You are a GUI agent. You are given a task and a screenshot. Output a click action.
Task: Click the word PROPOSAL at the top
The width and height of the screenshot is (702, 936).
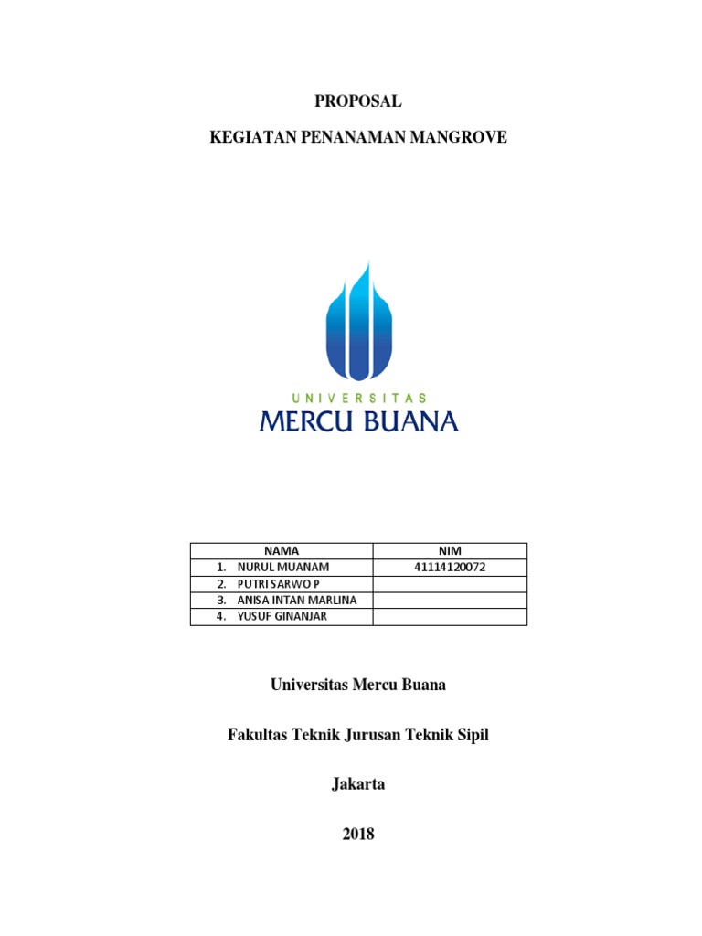point(358,102)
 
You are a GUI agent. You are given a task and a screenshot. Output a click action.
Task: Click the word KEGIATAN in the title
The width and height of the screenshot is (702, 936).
point(248,138)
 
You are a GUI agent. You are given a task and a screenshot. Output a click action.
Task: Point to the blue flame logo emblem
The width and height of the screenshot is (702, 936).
point(358,320)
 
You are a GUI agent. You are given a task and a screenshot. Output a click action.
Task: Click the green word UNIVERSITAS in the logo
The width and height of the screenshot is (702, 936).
point(359,399)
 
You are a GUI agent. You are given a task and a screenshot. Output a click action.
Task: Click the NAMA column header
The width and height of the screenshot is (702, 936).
point(282,550)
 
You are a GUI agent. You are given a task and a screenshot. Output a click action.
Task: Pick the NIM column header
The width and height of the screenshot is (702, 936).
point(449,550)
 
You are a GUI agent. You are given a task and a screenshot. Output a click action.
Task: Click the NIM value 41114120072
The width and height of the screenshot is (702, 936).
point(449,567)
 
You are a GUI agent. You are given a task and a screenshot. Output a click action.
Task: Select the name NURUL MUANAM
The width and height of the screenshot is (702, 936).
point(282,567)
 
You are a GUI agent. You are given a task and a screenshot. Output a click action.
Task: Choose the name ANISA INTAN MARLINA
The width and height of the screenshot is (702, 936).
point(297,600)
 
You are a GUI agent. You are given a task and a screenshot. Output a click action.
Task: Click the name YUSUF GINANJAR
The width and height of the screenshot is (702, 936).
point(282,616)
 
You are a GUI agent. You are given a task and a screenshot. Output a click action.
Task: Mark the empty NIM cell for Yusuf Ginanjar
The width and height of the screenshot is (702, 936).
point(449,616)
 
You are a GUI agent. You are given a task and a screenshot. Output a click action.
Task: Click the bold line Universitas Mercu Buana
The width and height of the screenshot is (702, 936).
point(358,685)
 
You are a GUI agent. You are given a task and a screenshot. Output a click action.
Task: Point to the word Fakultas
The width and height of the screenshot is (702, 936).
point(257,734)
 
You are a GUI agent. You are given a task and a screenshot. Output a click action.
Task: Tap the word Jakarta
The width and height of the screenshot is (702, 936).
point(358,783)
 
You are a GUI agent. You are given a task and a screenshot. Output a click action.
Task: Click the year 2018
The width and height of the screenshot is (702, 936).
point(358,833)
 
